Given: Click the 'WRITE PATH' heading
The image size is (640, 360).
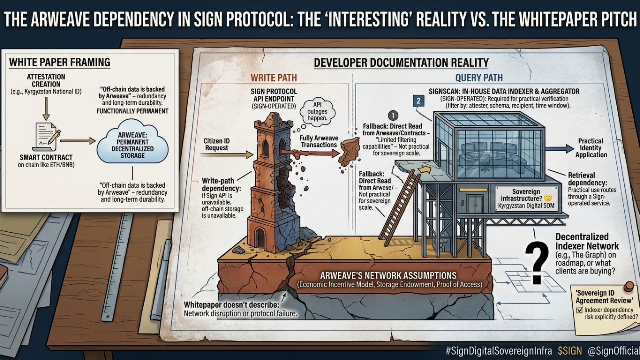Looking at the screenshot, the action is [x=274, y=78].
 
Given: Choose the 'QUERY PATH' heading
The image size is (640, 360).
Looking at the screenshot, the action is [x=478, y=78].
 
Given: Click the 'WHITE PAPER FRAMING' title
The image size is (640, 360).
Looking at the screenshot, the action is [x=60, y=63].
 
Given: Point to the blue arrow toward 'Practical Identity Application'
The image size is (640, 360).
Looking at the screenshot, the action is [x=560, y=148].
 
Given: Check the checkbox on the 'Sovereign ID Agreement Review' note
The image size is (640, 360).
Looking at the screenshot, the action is [x=579, y=310].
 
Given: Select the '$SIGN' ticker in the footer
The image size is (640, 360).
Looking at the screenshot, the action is [x=570, y=351].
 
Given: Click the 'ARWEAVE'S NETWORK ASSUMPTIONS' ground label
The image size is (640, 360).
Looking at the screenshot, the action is [x=388, y=276].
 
